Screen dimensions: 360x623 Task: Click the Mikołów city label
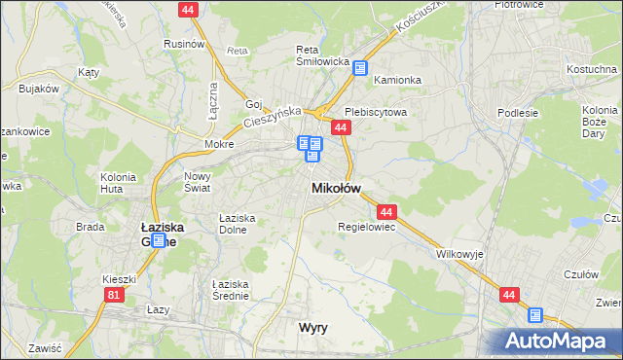tap(336, 188)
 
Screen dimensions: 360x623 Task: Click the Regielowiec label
tap(365, 227)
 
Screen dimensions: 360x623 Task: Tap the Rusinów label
tap(183, 44)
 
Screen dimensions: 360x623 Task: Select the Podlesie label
tap(518, 113)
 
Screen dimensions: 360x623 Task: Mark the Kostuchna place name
tap(594, 70)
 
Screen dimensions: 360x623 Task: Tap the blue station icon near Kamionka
tap(360, 68)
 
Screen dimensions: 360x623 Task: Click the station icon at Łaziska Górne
tap(158, 239)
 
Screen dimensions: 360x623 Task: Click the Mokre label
tap(219, 144)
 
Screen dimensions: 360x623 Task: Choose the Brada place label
tap(91, 227)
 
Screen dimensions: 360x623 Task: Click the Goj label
tap(255, 104)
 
